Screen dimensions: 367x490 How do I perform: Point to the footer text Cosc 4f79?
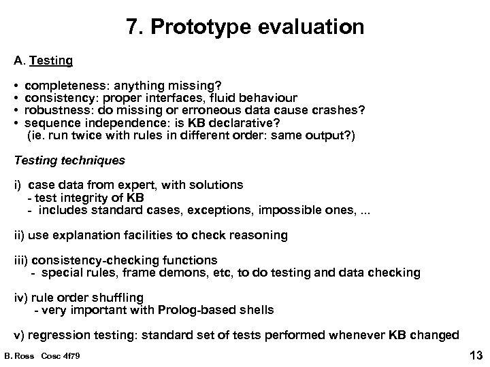click(x=61, y=355)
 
